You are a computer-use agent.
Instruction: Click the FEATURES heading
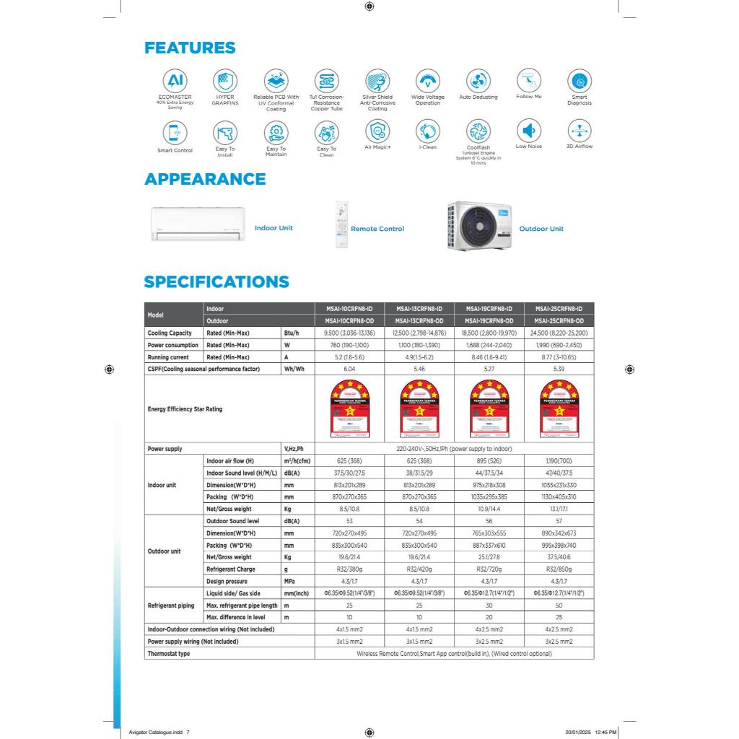(190, 48)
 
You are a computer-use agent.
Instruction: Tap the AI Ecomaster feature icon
(175, 80)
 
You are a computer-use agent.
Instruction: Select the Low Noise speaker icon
(529, 131)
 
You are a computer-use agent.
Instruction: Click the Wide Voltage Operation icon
(428, 80)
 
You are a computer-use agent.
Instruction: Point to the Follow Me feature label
(529, 97)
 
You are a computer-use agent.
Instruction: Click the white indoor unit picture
(197, 224)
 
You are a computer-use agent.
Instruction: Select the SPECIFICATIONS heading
(217, 282)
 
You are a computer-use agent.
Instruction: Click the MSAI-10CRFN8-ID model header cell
(349, 309)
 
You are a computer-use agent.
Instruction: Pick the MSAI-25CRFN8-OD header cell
(559, 321)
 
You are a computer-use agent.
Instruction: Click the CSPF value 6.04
(349, 369)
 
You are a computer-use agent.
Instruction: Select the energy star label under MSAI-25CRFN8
(559, 409)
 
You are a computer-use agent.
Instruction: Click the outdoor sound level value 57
(559, 521)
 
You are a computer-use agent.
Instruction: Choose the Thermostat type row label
(169, 654)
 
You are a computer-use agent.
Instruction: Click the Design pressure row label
(227, 581)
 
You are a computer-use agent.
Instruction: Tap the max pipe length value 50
(559, 605)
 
